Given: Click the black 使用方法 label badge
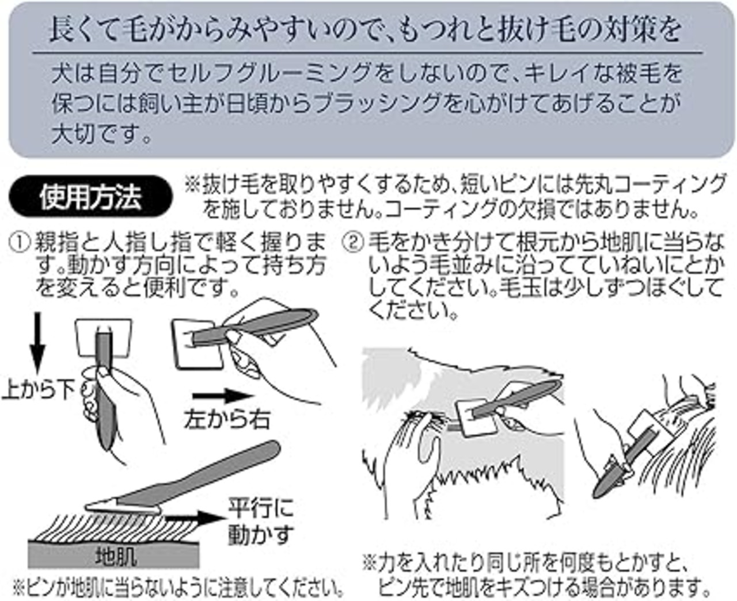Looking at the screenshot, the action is click(x=90, y=197).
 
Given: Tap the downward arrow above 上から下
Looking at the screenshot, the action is click(x=37, y=342).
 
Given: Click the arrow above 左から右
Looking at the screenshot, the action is click(x=222, y=396).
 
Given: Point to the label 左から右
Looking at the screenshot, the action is click(x=227, y=420).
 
